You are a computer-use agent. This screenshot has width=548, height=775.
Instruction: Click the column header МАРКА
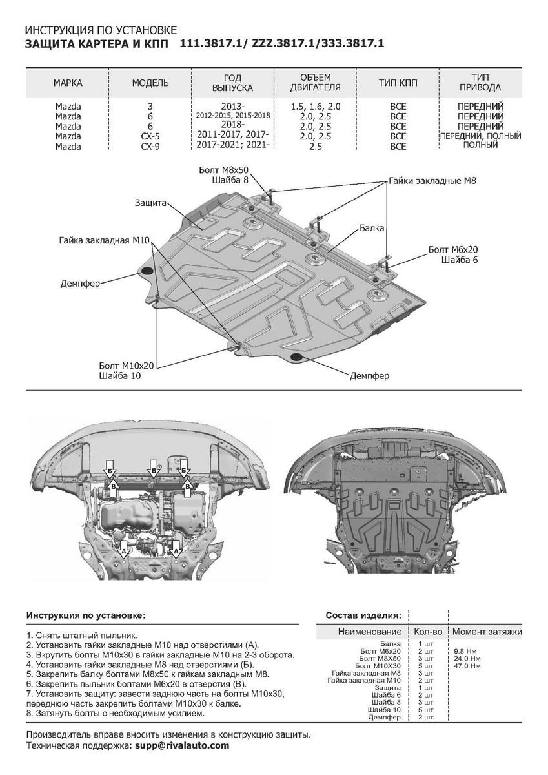68,83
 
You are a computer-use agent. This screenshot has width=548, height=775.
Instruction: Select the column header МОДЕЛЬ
150,83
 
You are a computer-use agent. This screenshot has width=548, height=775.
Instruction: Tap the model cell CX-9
150,147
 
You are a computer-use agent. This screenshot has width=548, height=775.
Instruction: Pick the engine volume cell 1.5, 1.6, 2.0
316,107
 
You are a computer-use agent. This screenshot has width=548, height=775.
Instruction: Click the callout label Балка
372,229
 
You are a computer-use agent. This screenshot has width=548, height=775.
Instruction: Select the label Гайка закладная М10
104,240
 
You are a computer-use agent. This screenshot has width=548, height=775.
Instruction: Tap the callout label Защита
150,202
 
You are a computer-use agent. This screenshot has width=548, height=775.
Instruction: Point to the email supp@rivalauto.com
181,745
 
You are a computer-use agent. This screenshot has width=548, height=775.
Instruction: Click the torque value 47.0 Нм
467,665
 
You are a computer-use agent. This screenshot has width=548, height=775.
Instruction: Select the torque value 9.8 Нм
467,651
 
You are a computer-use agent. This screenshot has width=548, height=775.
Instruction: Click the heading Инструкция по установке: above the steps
86,615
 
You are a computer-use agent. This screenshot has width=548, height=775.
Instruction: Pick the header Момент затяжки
487,631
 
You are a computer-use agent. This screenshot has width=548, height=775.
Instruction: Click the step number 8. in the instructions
30,714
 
